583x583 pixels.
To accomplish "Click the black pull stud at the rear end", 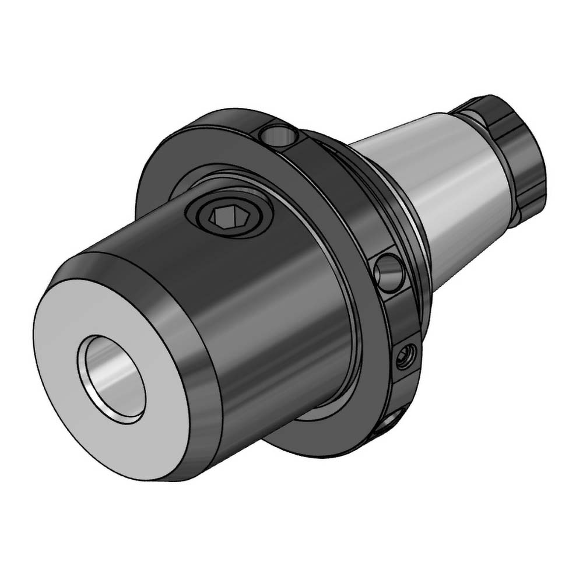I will coord(513,146).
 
